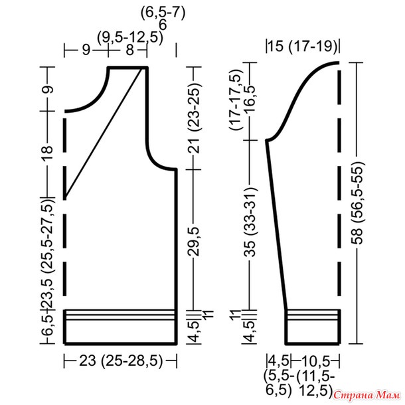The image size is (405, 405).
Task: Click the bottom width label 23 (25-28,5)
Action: (121, 361)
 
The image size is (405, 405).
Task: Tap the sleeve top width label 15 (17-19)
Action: (303, 46)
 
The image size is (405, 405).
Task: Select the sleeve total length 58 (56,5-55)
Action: (357, 202)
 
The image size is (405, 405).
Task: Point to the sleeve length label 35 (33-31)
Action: (250, 222)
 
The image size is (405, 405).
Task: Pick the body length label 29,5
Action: (194, 242)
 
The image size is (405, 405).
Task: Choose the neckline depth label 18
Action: (48, 153)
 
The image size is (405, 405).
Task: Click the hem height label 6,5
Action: (48, 326)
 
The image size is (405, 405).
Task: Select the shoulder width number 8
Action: (130, 50)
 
